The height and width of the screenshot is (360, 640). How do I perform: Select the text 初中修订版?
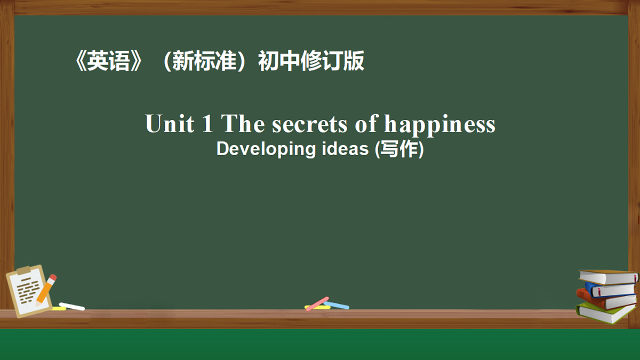click(x=311, y=62)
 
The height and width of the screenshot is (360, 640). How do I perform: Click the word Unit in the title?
click(x=170, y=124)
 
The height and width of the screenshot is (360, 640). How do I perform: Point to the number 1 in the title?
click(x=207, y=124)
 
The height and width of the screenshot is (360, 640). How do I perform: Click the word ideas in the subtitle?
click(x=345, y=149)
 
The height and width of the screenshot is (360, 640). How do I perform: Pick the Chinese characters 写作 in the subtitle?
click(x=400, y=149)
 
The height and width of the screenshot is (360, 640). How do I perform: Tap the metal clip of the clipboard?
click(x=23, y=270)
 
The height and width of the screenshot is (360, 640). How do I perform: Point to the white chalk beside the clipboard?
click(x=71, y=306)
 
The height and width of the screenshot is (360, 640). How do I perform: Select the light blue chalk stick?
click(x=337, y=305)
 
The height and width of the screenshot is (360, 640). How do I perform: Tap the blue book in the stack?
click(x=611, y=289)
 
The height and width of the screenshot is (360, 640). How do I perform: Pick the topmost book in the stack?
click(x=608, y=277)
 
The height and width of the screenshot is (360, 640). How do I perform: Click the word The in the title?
click(x=243, y=124)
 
